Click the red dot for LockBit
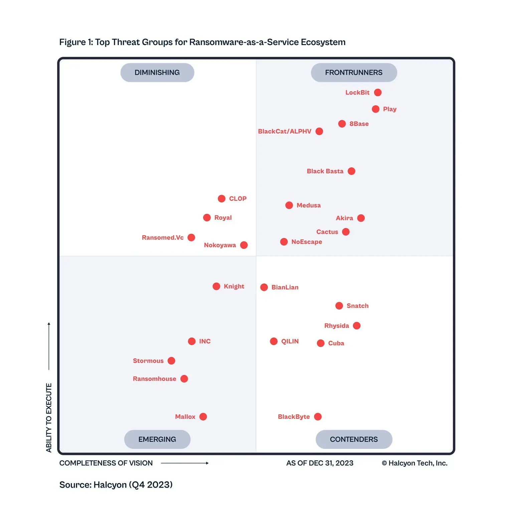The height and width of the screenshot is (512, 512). click(x=378, y=93)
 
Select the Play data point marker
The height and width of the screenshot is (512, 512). click(x=376, y=109)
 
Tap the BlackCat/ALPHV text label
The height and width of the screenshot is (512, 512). click(x=285, y=131)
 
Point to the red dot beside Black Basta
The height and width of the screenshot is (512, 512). click(x=351, y=171)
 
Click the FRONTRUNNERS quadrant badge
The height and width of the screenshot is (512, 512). click(x=354, y=72)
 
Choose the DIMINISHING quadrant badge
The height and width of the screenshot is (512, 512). click(x=157, y=72)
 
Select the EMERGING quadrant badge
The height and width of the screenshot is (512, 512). click(x=157, y=439)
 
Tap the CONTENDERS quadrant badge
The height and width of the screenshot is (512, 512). click(x=354, y=439)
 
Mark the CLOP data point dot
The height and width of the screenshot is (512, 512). click(x=221, y=199)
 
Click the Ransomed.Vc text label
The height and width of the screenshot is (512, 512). click(x=163, y=237)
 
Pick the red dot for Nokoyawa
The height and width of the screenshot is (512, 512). click(x=244, y=245)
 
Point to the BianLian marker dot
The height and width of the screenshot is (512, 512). click(x=264, y=287)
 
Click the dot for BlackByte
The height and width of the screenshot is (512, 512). click(x=318, y=416)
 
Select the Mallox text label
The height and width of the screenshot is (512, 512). click(x=185, y=416)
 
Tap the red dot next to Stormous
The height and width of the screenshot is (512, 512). click(x=171, y=361)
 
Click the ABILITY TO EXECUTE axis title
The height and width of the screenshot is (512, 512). click(x=49, y=417)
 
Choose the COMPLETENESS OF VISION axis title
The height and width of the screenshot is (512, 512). click(x=106, y=463)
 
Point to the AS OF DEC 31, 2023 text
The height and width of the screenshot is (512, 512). click(x=320, y=463)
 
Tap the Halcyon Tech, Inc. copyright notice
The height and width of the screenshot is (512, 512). click(x=414, y=463)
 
